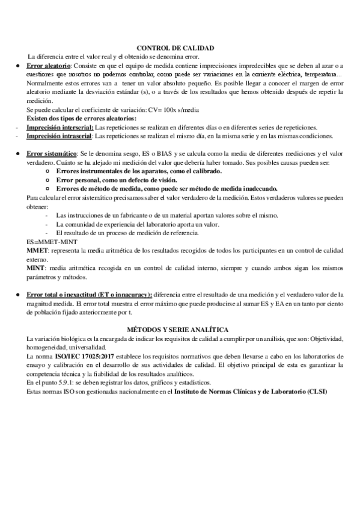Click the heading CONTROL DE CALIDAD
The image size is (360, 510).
click(175, 48)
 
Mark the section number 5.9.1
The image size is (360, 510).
click(64, 382)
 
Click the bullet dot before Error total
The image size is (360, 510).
click(20, 294)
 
